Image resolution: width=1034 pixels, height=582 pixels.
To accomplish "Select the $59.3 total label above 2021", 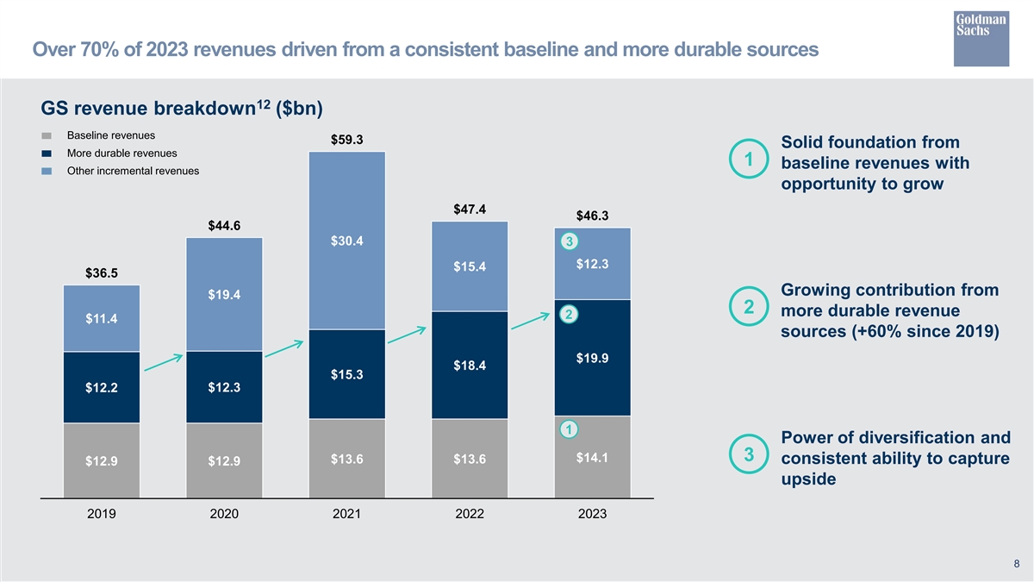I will [x=346, y=140].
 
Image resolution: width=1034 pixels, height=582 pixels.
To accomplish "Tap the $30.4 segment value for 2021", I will [x=346, y=241].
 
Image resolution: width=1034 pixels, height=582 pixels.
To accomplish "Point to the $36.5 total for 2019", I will [x=102, y=273].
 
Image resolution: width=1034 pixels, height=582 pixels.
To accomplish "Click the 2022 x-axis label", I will [x=470, y=514].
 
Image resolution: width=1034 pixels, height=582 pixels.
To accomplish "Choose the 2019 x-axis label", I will [x=102, y=514].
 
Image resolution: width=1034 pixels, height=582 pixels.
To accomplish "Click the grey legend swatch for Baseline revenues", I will [x=48, y=136].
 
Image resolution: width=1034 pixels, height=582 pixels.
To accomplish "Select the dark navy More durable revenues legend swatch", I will [x=48, y=153].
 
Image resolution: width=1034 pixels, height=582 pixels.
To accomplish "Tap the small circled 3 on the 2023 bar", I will [x=567, y=240].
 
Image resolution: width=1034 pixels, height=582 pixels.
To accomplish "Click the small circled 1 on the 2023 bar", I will [x=567, y=429].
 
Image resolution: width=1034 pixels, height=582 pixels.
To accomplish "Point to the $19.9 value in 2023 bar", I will [x=593, y=359].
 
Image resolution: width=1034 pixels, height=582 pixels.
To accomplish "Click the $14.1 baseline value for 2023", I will [x=593, y=458].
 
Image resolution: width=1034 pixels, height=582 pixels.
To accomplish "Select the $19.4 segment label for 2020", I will [x=224, y=295].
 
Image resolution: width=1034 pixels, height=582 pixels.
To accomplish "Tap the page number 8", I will [x=1017, y=565].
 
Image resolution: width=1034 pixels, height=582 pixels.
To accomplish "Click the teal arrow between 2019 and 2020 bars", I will [x=164, y=362].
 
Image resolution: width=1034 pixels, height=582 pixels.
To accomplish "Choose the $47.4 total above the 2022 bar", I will [x=470, y=210].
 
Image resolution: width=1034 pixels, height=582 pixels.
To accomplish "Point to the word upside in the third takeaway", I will [x=808, y=479].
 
